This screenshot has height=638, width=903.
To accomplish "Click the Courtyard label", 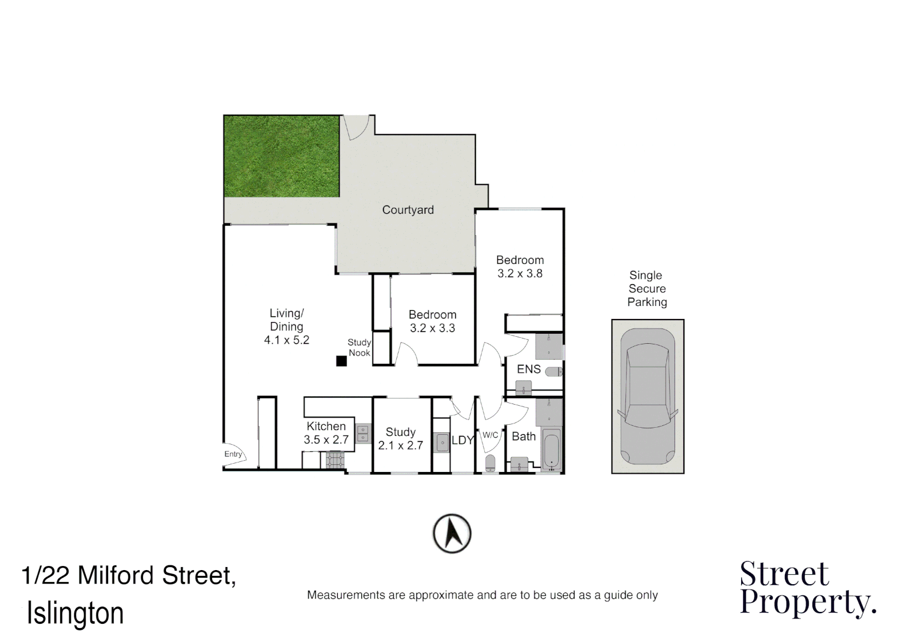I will pos(408,210).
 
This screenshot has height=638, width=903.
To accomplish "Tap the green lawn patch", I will pos(281,157).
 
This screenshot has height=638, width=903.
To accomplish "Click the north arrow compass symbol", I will pos(452,533).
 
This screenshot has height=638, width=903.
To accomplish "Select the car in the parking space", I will pos(647,396).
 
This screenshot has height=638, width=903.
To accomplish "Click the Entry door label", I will pos(233,454).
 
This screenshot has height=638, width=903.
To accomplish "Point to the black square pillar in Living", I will pos(341,361).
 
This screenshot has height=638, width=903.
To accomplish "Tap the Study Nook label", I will pos(359,347).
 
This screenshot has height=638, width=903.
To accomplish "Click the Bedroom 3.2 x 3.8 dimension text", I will pos(520,274).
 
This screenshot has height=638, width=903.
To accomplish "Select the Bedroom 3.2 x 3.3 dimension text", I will pos(432,328).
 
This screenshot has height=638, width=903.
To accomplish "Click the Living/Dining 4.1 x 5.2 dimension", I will pos(286,340).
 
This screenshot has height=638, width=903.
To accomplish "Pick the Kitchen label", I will pos(326,426).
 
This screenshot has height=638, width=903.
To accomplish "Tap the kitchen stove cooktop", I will pos(335,460).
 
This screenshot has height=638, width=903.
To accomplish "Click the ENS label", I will pos(529,369).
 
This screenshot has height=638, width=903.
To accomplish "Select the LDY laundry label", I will pos(462,440).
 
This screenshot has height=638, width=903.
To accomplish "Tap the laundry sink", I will pos(441,442).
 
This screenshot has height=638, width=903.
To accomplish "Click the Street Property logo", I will pos(807,588).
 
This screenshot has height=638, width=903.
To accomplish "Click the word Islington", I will pos(75,613).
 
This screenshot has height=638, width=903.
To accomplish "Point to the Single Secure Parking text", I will pos(647,288).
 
